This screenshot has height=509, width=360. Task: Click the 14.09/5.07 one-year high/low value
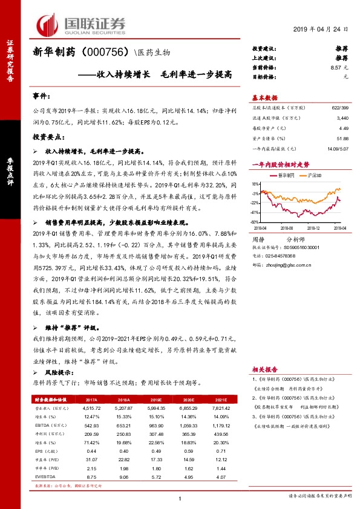pos(338,148)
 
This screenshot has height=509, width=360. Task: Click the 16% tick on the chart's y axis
pos(256,184)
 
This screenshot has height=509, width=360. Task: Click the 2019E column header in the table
pos(156,400)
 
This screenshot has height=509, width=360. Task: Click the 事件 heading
pos(41,96)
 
